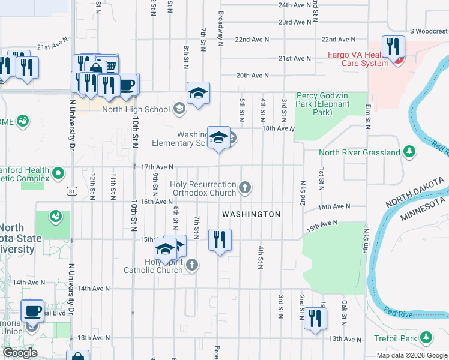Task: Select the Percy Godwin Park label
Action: click(322, 104)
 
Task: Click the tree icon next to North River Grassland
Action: click(409, 152)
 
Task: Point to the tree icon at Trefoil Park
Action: click(426, 338)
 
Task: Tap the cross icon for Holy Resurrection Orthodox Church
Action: click(244, 188)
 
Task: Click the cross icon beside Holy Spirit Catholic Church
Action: click(191, 265)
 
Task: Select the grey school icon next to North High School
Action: click(178, 109)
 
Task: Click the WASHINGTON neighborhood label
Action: click(251, 214)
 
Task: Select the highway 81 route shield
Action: click(72, 191)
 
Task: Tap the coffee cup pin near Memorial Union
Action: click(32, 311)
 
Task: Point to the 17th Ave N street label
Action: click(157, 167)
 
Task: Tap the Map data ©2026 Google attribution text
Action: click(412, 355)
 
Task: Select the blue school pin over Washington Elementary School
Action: click(218, 137)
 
